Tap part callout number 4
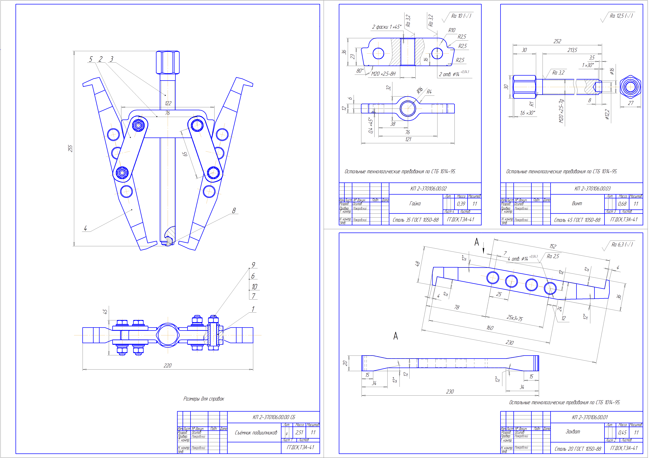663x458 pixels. [x=85, y=228]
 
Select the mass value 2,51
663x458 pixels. [x=299, y=432]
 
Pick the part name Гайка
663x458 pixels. [x=415, y=203]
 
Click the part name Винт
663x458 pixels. [x=577, y=203]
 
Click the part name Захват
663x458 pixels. [x=573, y=432]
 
